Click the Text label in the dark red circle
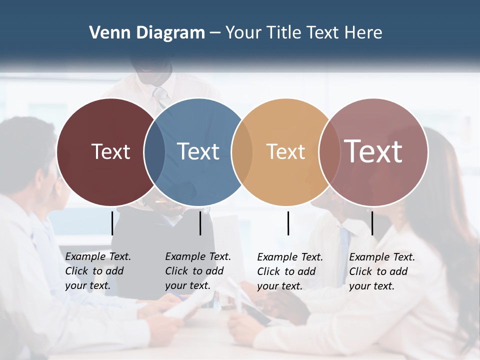point(110,151)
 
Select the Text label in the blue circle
point(198,151)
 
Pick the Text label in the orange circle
point(285,152)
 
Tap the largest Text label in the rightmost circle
point(373,151)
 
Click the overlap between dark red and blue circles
point(154,151)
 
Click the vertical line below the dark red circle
point(112,223)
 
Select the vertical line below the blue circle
point(200,223)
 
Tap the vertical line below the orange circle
point(288,223)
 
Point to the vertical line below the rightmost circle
point(372,223)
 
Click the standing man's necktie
point(160,95)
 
